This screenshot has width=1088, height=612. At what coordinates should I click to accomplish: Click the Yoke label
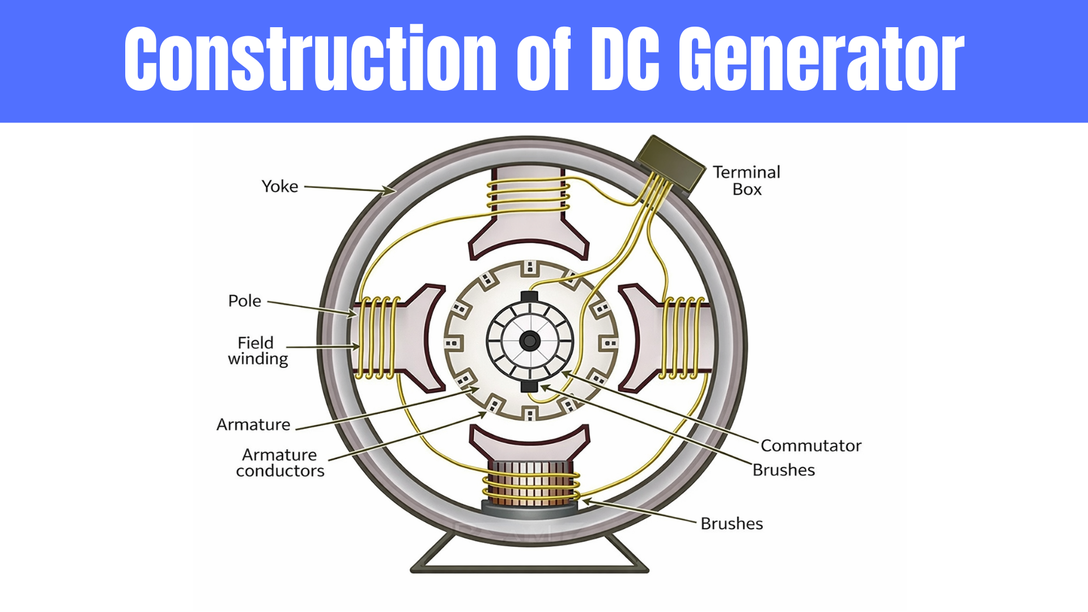coord(279,186)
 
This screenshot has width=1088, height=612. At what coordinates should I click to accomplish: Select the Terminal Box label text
coord(746,181)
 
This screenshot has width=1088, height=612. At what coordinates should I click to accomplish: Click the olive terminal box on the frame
coord(670,163)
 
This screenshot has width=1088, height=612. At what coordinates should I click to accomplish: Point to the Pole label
coord(244,301)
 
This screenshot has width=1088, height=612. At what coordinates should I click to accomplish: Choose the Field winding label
coord(257,351)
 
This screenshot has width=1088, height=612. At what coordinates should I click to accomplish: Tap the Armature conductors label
coord(280,463)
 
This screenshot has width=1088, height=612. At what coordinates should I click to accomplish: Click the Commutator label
coord(810,446)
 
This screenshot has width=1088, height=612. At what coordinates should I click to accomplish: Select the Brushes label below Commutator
coord(783,470)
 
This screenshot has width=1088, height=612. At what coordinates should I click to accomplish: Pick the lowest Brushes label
coord(731,524)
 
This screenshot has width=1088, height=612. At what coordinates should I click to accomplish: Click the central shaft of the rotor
coord(530,341)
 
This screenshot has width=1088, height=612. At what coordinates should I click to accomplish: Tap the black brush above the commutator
coord(529,297)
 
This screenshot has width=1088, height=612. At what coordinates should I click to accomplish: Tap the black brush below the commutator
coord(529,386)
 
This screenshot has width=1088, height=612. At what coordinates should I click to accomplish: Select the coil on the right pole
coord(683,338)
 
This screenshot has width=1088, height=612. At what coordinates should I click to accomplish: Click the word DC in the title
coord(625,59)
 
